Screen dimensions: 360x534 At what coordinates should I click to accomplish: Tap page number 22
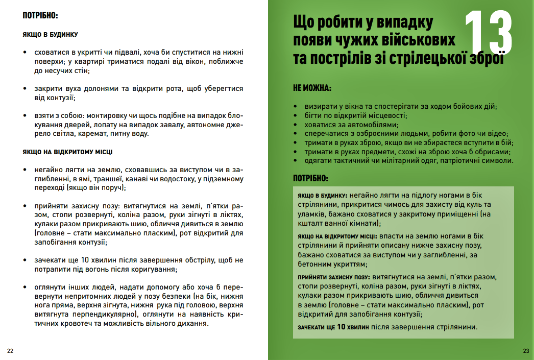(x=10, y=351)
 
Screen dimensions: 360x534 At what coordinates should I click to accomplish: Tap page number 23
(x=526, y=351)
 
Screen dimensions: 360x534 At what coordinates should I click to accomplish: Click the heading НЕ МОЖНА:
(x=312, y=88)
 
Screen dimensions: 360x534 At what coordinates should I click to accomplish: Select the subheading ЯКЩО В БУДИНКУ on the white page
(x=50, y=34)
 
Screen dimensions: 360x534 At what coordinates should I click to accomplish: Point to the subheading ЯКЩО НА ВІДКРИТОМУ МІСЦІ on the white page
(x=67, y=152)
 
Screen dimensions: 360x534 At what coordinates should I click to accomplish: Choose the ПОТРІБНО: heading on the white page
(x=40, y=15)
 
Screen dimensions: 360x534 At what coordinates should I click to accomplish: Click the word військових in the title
(x=415, y=41)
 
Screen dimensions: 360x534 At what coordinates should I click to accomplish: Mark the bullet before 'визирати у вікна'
(x=297, y=106)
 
